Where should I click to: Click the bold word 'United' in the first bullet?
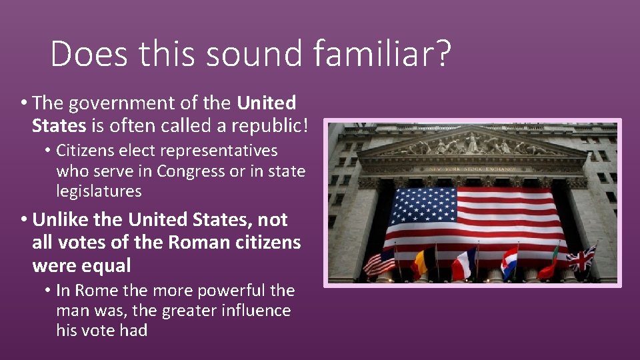pos(267,103)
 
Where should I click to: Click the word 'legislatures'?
pos(99,191)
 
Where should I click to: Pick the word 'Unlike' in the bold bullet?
pos(65,219)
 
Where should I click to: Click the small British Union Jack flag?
pos(581,258)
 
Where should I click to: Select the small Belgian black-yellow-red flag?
pos(424,261)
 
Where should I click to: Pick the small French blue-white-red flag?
pos(464,263)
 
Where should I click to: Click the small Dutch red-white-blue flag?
pos(509,261)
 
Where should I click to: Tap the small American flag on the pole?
pos(380,262)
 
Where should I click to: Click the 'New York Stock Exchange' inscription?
pos(471,169)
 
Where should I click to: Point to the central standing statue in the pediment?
pos(473,142)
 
